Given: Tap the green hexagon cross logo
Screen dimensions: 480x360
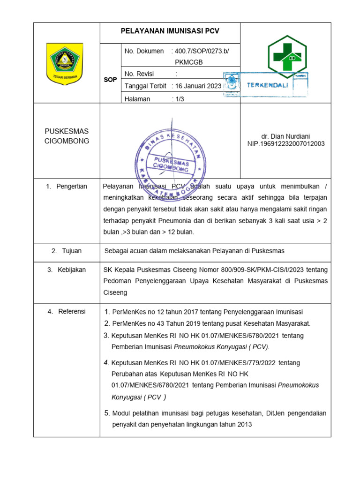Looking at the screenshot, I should (287, 56).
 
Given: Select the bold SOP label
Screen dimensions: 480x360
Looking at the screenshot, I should (110, 80).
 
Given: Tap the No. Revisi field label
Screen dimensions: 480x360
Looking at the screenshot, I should (139, 74).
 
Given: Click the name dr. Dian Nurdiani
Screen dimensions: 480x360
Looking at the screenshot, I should (286, 136).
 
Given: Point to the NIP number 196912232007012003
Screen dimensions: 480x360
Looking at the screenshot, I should (286, 144).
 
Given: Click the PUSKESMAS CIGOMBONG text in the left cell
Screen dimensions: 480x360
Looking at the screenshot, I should (67, 136).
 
